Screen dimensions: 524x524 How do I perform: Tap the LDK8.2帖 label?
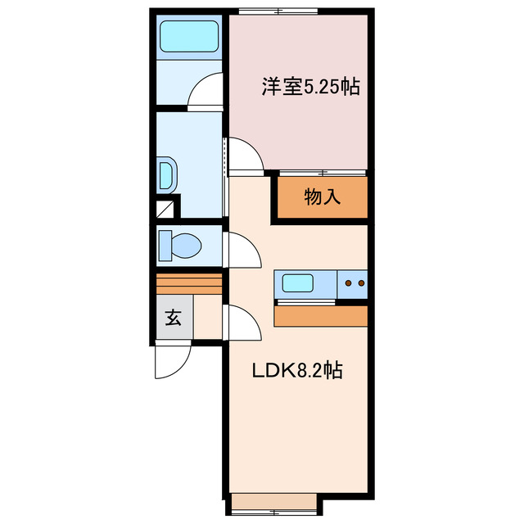296,370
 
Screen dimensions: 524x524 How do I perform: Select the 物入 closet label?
322,197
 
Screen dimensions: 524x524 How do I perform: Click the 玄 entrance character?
174,318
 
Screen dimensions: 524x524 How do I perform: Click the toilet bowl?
181,245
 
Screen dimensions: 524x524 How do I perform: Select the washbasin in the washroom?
166,174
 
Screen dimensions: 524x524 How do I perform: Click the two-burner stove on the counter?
353,284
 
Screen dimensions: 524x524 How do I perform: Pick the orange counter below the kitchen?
321,316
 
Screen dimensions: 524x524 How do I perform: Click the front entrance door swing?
172,360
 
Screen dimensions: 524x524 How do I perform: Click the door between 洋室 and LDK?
244,156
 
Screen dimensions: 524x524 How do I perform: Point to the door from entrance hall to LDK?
242,323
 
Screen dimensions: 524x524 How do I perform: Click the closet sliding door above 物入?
322,173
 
